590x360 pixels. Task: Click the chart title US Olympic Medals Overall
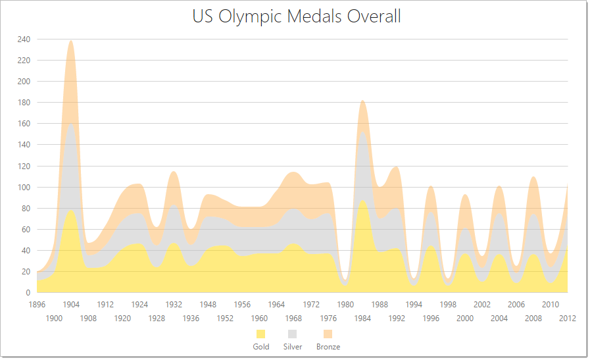pos(297,16)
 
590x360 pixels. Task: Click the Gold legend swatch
pos(261,334)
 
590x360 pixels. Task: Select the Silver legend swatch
pos(293,334)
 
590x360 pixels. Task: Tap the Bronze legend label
pos(328,347)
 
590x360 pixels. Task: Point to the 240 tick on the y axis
pos(24,39)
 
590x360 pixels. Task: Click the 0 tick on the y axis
pos(28,293)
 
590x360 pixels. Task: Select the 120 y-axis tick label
pos(24,166)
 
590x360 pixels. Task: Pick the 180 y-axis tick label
pos(24,103)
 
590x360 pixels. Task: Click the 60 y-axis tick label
pos(26,230)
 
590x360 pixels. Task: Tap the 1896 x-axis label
pos(37,305)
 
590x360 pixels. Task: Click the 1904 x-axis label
pos(71,305)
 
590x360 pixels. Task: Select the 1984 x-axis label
pos(362,319)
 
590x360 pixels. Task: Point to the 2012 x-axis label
pos(568,319)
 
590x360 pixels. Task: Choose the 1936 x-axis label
pos(191,319)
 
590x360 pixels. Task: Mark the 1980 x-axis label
pos(345,305)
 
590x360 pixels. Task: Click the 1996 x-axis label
pos(431,319)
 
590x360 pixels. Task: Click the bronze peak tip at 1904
pos(70,41)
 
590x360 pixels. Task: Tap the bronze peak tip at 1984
pos(362,101)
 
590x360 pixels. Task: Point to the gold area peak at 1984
pos(362,200)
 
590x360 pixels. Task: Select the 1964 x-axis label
pos(276,305)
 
